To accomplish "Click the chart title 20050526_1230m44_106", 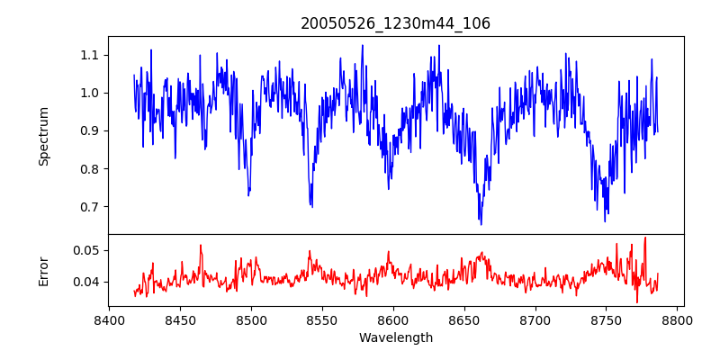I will [x=396, y=23].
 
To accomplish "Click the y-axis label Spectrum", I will [x=43, y=136].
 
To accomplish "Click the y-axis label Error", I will [x=43, y=270].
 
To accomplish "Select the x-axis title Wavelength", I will [x=396, y=337].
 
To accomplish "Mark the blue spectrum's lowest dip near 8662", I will [x=481, y=224].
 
